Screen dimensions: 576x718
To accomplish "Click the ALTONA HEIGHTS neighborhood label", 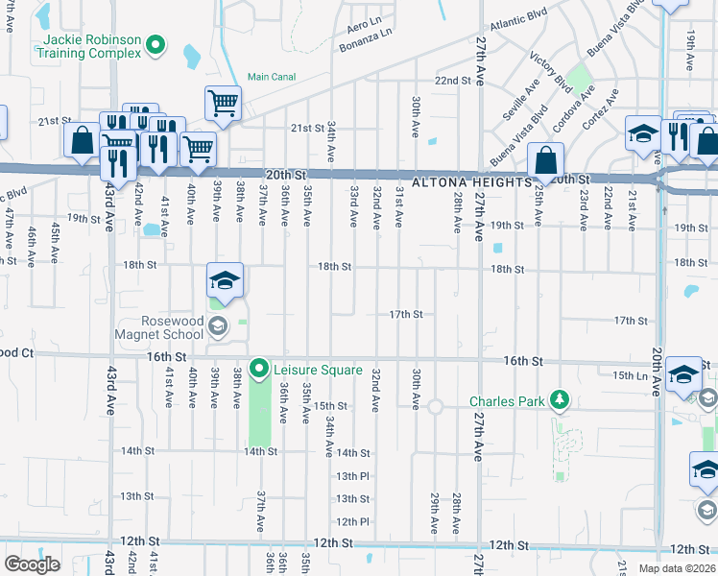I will tap(470, 181).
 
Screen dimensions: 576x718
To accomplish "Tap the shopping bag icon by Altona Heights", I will tap(545, 163).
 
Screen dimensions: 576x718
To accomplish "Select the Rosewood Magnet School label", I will tap(159, 327).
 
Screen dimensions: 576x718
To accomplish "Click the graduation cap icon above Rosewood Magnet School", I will tap(225, 280).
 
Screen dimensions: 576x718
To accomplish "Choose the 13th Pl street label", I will tap(352, 475).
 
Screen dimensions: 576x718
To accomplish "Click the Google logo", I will tap(32, 564).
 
